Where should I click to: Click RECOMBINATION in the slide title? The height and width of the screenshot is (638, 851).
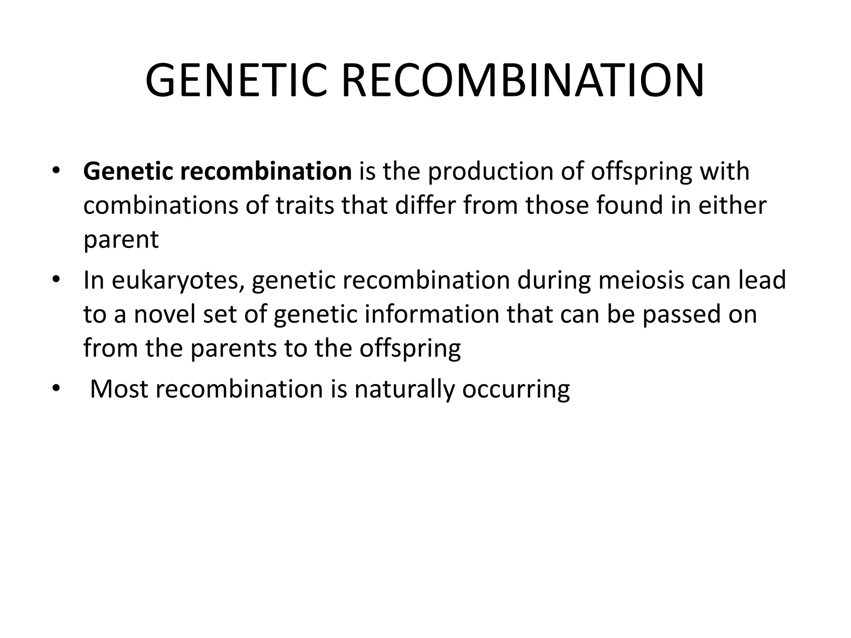[522, 81]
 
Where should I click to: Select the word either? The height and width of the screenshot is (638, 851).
[732, 206]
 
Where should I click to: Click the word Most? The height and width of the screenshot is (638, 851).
[119, 389]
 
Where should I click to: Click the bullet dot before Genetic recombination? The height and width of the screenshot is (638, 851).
[56, 172]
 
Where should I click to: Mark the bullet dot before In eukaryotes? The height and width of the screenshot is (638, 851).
[56, 280]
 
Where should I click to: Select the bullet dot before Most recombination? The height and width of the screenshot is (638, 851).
[56, 389]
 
